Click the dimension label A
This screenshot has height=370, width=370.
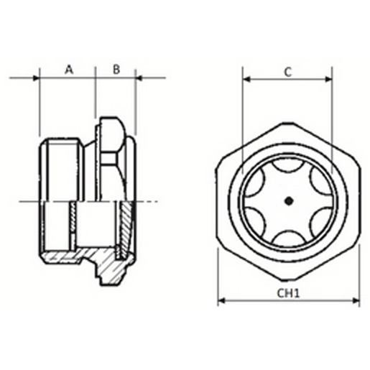click(69, 70)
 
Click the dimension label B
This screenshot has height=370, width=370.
click(116, 70)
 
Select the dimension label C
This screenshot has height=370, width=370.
click(287, 72)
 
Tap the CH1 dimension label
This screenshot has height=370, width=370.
click(288, 293)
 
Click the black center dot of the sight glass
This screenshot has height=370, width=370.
click(289, 201)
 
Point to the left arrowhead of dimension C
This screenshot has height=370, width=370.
click(246, 79)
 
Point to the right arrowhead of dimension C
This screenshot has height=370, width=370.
click(328, 79)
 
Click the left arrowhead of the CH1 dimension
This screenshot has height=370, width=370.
click(222, 300)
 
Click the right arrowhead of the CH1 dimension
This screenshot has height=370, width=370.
click(356, 300)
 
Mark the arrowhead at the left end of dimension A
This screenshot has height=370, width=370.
click(36, 78)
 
